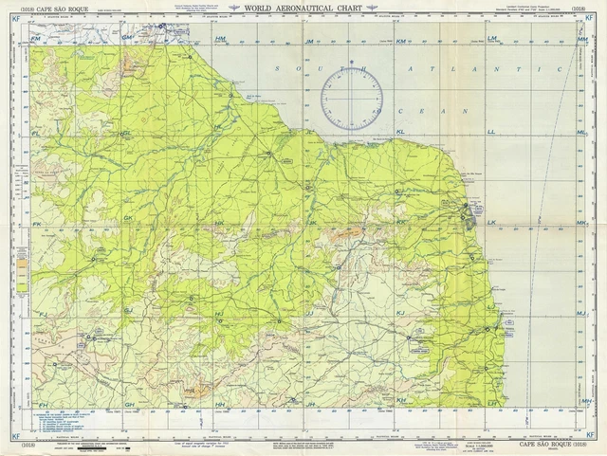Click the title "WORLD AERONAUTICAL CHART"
[x=304, y=9]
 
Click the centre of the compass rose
[x=351, y=99]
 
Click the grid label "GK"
[x=127, y=218]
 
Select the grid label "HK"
[x=219, y=223]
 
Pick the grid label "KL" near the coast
[x=400, y=132]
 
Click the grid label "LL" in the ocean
[x=491, y=132]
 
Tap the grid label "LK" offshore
[x=491, y=223]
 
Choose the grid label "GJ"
[x=127, y=311]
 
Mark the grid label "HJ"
[x=219, y=314]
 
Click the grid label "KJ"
[x=400, y=313]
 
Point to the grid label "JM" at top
[x=309, y=42]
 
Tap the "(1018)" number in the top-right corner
[x=578, y=9]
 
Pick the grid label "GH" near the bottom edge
[x=129, y=405]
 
